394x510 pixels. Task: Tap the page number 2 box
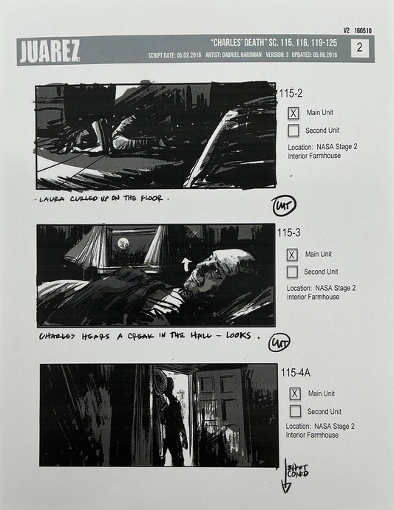click(359, 48)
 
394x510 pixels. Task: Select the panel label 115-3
click(290, 232)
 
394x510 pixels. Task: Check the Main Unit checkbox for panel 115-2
click(293, 113)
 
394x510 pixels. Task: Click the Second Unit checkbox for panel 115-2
click(293, 131)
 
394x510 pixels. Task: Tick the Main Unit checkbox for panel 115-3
click(293, 254)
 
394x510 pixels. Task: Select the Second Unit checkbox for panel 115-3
click(293, 272)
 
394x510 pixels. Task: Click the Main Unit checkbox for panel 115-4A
click(294, 393)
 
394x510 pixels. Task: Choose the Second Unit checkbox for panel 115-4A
click(294, 411)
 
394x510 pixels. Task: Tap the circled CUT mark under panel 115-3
click(280, 342)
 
